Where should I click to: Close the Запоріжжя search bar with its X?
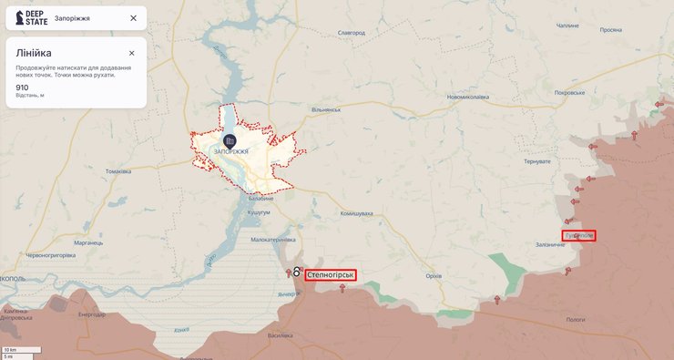pos(133,18)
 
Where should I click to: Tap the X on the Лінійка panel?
pos(131,53)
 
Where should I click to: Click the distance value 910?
pos(22,87)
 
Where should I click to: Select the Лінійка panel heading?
pos(34,53)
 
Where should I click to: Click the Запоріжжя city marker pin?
pos(230,139)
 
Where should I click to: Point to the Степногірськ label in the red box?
pos(331,274)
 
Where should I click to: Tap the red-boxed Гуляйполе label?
pos(579,235)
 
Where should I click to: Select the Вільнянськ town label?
pos(325,109)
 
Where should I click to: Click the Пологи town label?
pos(576,320)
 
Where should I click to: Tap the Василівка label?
pos(280,335)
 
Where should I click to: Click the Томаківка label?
pos(118,171)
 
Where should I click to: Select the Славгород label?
pos(351,32)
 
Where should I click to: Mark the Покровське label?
pos(582,93)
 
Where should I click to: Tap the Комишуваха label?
pos(357,213)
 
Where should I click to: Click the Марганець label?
pos(88,243)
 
